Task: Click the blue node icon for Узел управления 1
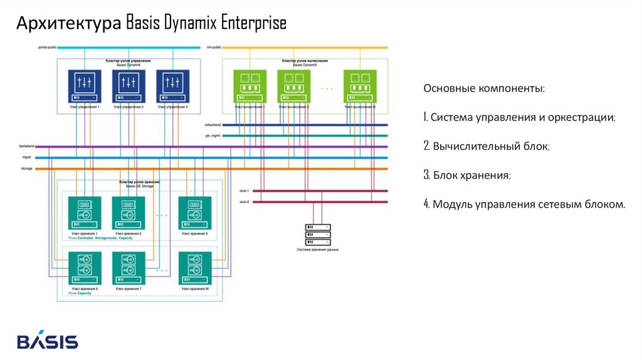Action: pyautogui.click(x=85, y=86)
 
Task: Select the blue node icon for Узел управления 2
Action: pyautogui.click(x=129, y=86)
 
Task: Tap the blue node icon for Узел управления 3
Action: pyautogui.click(x=172, y=86)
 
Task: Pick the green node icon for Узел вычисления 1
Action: pyautogui.click(x=250, y=86)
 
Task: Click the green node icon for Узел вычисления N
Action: pyautogui.click(x=360, y=86)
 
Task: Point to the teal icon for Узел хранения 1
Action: pyautogui.click(x=85, y=213)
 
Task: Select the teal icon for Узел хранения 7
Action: pyautogui.click(x=129, y=268)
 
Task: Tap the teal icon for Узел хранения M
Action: pyautogui.click(x=195, y=268)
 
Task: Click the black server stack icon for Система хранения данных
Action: pyautogui.click(x=317, y=235)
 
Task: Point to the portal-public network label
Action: pyautogui.click(x=48, y=48)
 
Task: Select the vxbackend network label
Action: pyautogui.click(x=214, y=125)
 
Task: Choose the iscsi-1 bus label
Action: pyautogui.click(x=245, y=191)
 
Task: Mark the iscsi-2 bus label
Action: pyautogui.click(x=245, y=202)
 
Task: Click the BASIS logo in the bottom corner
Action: pyautogui.click(x=48, y=341)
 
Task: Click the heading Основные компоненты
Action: pyautogui.click(x=484, y=88)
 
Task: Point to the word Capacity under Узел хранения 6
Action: pyautogui.click(x=85, y=294)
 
